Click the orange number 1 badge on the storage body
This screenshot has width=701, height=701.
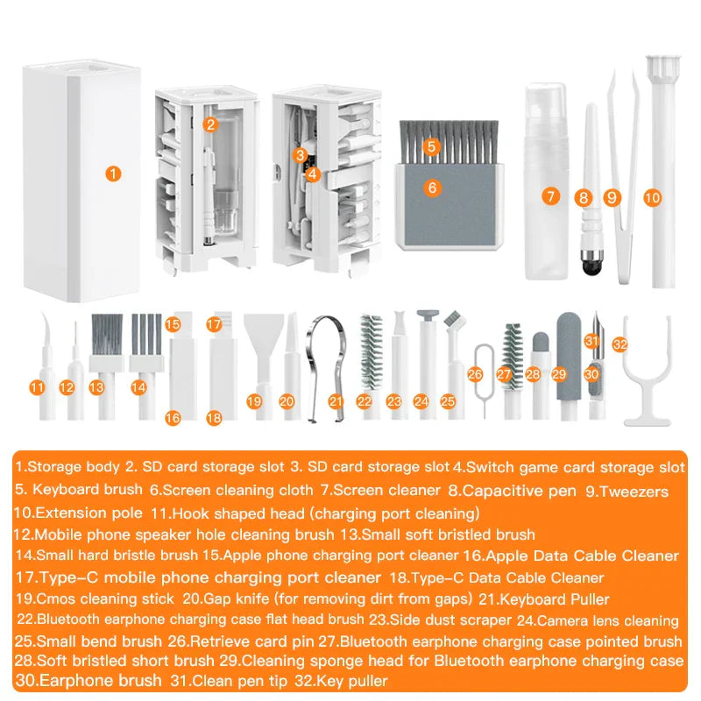point(112,173)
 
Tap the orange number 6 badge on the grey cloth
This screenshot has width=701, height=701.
point(432,188)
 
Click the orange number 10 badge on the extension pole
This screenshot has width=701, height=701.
point(651,198)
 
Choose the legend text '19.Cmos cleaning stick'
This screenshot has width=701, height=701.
point(95,599)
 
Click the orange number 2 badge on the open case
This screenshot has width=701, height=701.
point(209,124)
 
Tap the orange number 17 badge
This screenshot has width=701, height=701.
point(214,324)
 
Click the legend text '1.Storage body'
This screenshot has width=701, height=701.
point(67,468)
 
